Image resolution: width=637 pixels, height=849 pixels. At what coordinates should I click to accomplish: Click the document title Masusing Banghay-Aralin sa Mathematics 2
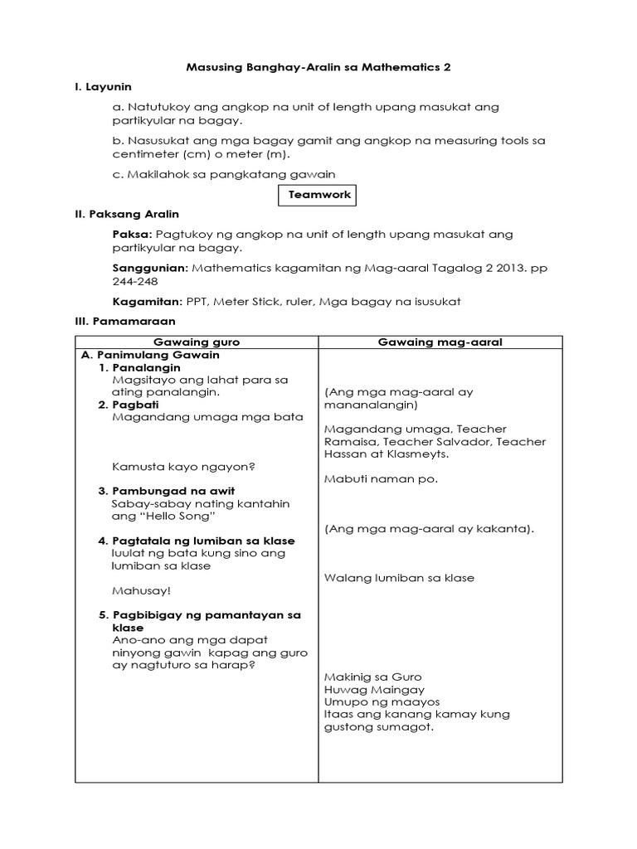318,66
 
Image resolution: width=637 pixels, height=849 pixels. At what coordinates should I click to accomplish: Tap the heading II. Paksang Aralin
127,214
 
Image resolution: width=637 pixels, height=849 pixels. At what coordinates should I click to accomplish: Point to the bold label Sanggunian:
150,268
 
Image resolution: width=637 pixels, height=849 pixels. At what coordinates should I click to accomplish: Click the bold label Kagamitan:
147,301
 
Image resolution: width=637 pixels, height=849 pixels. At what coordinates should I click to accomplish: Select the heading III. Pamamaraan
124,321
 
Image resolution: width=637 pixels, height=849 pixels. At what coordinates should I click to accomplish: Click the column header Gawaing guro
197,342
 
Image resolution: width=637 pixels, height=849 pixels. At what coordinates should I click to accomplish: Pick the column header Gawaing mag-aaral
440,342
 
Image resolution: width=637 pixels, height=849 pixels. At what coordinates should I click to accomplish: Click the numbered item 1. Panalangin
139,367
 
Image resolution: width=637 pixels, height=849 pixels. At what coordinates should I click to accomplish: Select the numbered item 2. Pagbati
129,405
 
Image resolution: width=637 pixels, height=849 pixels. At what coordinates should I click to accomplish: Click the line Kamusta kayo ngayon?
182,467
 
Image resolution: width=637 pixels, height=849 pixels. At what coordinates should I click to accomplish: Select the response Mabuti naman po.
381,479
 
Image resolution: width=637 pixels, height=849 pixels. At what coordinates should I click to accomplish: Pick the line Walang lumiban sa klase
399,578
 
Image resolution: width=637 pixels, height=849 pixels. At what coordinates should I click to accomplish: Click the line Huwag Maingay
374,690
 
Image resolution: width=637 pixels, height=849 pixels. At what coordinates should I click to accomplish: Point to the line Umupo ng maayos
382,702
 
